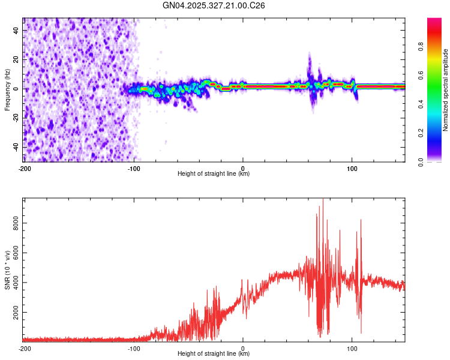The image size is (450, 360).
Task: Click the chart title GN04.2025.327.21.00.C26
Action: [214, 5]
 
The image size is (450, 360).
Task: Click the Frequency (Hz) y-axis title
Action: [7, 89]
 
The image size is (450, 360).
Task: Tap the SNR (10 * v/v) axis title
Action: [7, 269]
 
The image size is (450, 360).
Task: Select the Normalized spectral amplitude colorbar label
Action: [446, 89]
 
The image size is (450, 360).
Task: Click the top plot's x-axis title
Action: [214, 173]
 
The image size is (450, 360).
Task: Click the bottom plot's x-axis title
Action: [214, 353]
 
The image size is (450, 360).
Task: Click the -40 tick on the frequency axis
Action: [16, 147]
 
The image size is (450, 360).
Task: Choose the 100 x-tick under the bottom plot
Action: [352, 347]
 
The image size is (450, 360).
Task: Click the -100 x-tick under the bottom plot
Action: [133, 347]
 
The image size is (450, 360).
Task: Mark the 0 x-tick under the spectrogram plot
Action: [243, 167]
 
